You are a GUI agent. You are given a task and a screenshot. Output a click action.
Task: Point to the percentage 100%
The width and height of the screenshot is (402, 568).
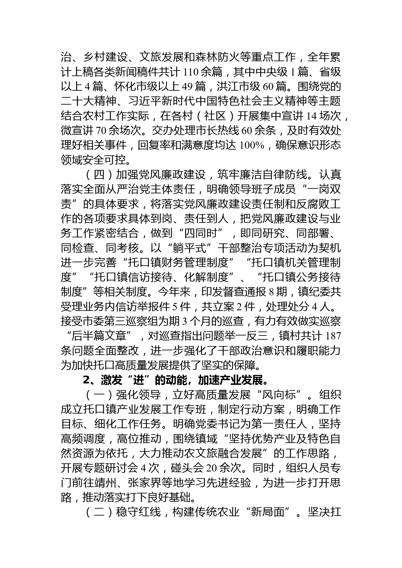[x=251, y=145]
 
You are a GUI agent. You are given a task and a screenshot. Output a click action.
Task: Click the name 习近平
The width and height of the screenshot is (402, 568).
[x=139, y=101]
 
